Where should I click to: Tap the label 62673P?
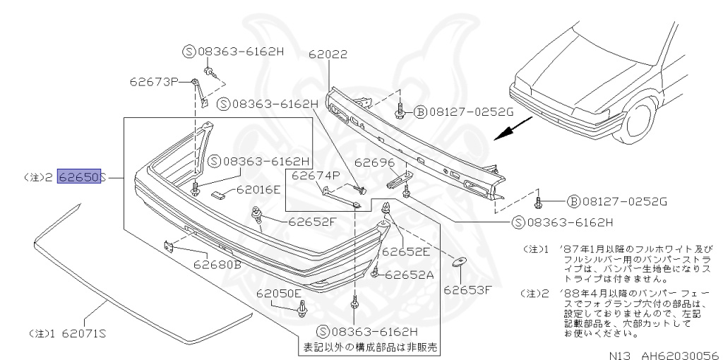(x=153, y=81)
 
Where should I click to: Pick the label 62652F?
(x=311, y=221)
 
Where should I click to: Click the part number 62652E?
(x=407, y=250)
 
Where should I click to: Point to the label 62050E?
(x=279, y=293)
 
